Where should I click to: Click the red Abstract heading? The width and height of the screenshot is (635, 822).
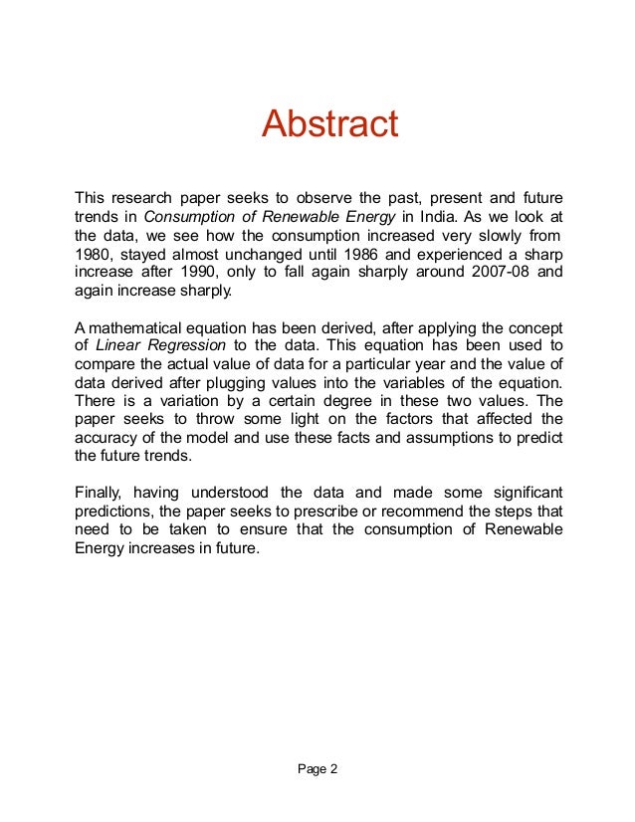[x=329, y=125]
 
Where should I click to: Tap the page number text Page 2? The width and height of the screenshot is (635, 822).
[x=317, y=768]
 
